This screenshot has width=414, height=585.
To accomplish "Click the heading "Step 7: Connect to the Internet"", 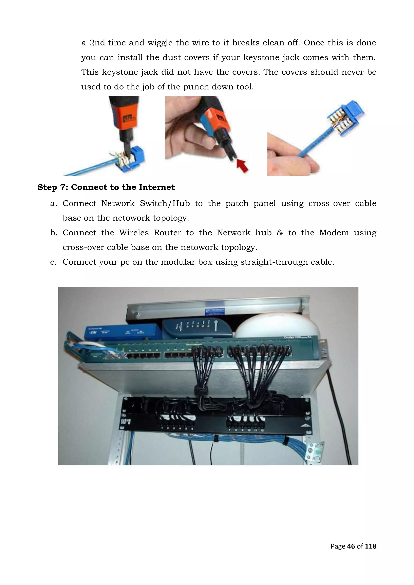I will click(106, 187).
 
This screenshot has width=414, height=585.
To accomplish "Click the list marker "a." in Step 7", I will click(53, 204).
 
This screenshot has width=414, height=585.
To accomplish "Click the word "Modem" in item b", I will click(334, 233).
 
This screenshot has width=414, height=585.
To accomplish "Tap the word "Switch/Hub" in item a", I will click(165, 204).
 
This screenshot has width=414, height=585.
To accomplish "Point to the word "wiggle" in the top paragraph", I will click(160, 43).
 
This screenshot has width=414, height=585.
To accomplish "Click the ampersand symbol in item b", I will click(280, 233).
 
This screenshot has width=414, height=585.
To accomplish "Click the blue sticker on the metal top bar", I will click(215, 311).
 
